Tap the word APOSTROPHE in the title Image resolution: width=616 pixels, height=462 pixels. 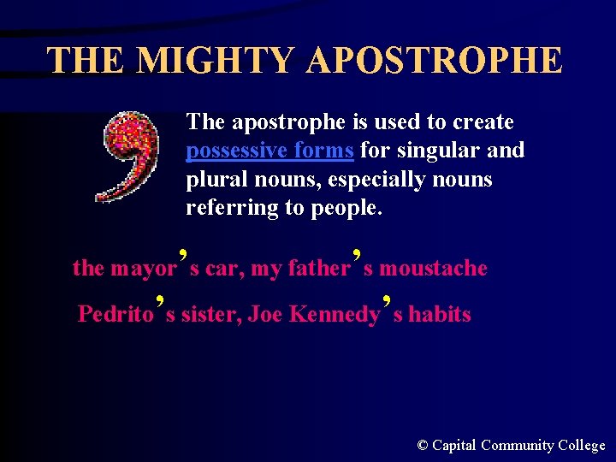point(434,61)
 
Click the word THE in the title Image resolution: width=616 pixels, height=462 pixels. point(86,61)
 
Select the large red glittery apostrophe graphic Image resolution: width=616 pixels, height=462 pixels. point(131,157)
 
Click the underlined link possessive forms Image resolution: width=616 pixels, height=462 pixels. point(269,151)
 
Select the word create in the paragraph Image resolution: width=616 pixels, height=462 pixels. point(483,122)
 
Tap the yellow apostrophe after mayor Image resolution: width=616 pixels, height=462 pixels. point(183,255)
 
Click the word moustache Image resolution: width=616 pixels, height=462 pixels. point(433,269)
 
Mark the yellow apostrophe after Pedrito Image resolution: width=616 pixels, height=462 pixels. point(160,301)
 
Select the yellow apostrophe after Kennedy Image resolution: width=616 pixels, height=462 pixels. point(387,301)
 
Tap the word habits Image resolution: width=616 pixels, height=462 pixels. point(439,315)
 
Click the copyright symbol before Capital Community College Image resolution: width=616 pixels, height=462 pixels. point(423,445)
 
